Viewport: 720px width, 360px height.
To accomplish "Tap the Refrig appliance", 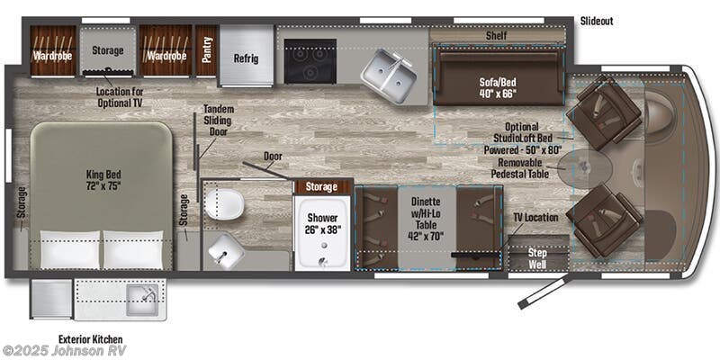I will (247, 58).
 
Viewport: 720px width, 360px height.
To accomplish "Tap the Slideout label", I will (598, 21).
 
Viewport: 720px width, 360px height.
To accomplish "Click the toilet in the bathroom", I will (221, 203).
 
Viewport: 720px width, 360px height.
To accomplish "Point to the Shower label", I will (321, 221).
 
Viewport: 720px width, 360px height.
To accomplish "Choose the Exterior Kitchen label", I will (90, 338).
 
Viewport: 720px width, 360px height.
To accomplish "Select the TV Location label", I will (536, 217).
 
